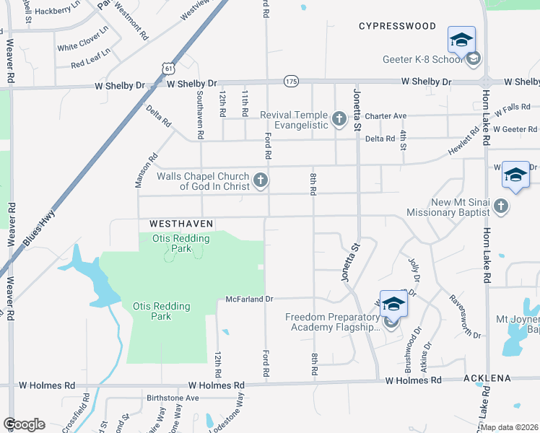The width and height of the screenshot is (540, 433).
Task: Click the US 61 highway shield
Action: (x=168, y=68)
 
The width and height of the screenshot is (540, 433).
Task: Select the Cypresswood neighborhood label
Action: (x=398, y=26)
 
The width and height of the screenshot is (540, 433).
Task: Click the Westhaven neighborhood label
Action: (x=180, y=224)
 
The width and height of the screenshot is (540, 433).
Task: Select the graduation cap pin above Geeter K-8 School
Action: (x=461, y=40)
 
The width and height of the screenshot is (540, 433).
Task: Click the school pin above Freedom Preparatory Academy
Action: (x=393, y=303)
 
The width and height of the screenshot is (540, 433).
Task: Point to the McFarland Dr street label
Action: (x=250, y=299)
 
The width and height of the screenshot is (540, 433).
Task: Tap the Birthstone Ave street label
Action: (x=172, y=398)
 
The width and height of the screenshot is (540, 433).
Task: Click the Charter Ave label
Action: (x=386, y=115)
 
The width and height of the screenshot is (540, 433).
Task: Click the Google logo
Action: (x=24, y=424)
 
